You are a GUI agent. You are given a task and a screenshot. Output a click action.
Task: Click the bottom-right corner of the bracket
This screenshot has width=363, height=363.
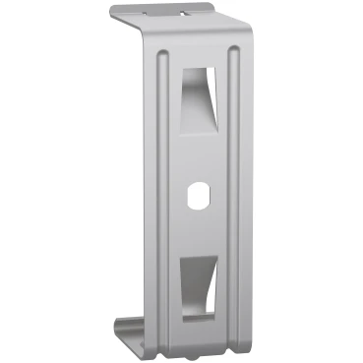[239, 347]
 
